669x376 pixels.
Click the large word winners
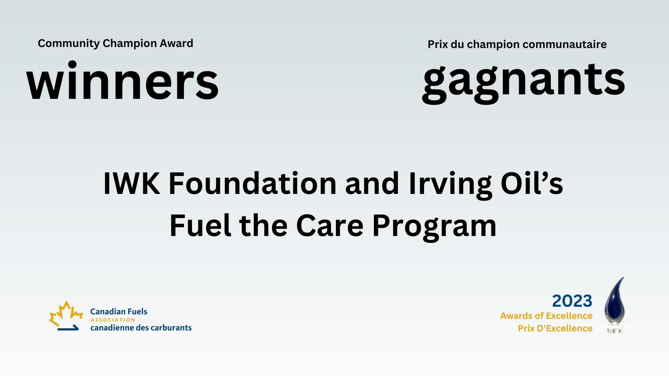tap(123, 81)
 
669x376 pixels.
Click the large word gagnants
tap(524, 83)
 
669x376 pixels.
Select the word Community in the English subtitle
tap(69, 44)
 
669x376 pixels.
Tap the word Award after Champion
tap(176, 43)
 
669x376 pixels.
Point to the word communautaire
tap(564, 44)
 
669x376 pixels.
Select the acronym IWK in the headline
tap(132, 183)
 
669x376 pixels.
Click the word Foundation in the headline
tap(253, 183)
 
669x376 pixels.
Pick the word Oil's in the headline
tap(532, 183)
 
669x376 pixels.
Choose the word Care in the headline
tap(330, 226)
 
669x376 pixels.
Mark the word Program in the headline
tap(434, 227)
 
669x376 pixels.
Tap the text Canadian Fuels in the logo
tap(119, 312)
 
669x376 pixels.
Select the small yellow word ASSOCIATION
tap(113, 320)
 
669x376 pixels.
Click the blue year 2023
tap(572, 301)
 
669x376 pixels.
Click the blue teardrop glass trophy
tap(615, 305)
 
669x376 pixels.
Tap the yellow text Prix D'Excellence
tap(555, 328)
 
